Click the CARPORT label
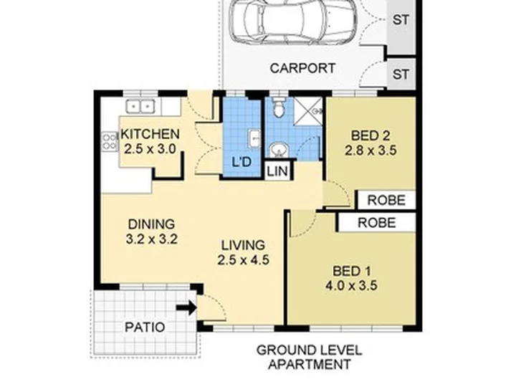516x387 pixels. point(302,69)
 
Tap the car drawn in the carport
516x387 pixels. point(294,21)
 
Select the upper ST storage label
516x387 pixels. point(401,20)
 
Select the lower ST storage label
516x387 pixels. point(401,75)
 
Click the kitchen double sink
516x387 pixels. point(140,107)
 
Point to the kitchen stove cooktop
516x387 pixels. point(110,141)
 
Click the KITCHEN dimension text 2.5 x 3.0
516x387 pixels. point(150,149)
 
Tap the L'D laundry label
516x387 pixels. point(242,162)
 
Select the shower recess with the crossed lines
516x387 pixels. point(307,111)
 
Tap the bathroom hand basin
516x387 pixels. point(279,150)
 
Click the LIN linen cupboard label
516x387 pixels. point(277,171)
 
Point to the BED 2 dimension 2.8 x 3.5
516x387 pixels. point(371,150)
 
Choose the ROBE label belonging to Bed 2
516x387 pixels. point(386,200)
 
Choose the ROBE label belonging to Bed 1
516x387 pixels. point(377,223)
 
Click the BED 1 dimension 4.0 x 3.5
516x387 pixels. point(351,286)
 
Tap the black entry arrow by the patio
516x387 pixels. point(186,308)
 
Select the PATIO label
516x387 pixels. point(145,328)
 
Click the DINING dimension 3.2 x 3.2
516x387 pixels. point(152,239)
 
